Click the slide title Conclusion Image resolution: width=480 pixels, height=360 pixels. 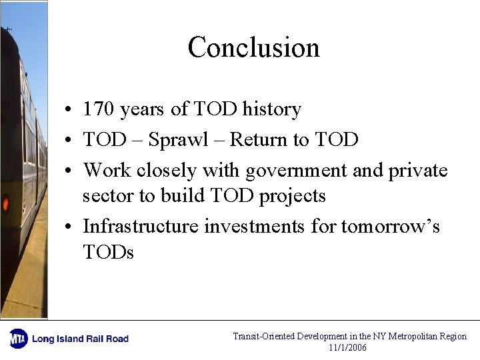[253, 47]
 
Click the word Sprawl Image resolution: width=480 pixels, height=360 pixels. [177, 140]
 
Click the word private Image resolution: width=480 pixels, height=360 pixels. [417, 171]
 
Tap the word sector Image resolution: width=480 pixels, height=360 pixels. [103, 197]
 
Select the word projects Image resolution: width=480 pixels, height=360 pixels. [292, 197]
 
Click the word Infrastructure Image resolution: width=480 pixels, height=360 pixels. [141, 227]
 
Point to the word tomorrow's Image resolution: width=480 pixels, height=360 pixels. [391, 227]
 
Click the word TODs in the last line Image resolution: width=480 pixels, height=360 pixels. [108, 253]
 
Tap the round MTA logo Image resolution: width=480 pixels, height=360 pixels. [18, 339]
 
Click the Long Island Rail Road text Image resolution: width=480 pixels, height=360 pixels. [80, 339]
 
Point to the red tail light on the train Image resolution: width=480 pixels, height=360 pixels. [5, 203]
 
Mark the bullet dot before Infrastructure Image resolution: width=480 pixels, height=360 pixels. [69, 227]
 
